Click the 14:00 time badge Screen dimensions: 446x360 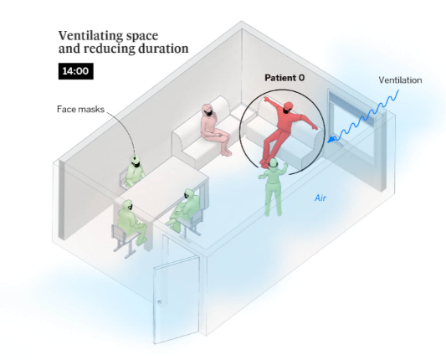click(76, 71)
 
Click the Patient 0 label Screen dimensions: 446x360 click(285, 78)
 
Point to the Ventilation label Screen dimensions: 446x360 click(400, 80)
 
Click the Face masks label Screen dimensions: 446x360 click(81, 110)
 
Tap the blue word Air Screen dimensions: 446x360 click(320, 198)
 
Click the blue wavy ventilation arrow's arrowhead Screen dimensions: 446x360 click(331, 140)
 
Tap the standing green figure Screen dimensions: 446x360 click(273, 187)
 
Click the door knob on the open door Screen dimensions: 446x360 click(160, 302)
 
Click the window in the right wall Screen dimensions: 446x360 click(353, 126)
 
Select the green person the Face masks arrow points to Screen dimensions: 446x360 click(134, 172)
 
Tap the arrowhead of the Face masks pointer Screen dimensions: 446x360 click(135, 156)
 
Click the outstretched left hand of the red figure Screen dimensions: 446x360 click(267, 99)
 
